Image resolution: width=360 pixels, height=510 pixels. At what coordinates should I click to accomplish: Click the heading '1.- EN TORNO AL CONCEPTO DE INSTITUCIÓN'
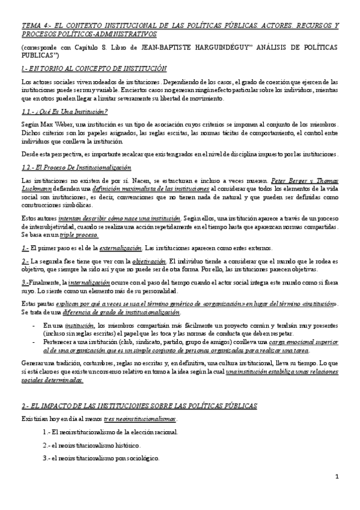pos(93,68)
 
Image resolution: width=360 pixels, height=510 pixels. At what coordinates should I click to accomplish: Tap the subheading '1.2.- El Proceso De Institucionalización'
pos(76,168)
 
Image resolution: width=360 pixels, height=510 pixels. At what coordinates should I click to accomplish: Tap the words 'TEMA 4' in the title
pos(35,26)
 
